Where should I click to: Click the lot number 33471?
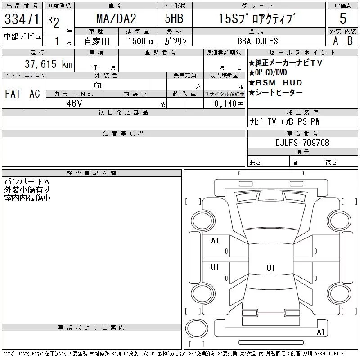pos(22,19)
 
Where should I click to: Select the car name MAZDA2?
pos(116,18)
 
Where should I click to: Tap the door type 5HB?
pos(174,18)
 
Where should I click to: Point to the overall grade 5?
pos(343,18)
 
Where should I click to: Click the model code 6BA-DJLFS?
pos(258,41)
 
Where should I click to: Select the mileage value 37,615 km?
pos(49,64)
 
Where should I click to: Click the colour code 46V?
pos(74,103)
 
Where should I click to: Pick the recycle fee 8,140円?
pos(229,104)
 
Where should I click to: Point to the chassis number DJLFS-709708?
pos(302,143)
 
